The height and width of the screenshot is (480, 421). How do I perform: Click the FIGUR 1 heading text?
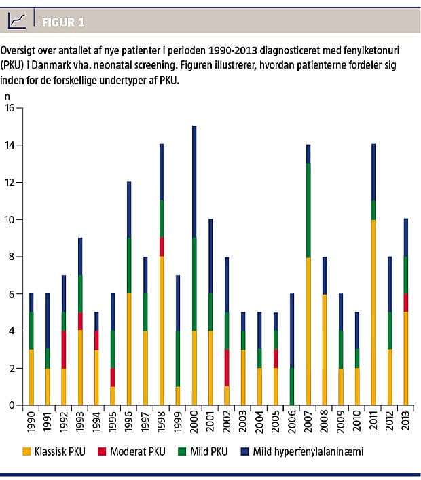click(x=62, y=22)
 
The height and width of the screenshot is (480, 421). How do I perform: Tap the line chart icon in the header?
click(x=18, y=21)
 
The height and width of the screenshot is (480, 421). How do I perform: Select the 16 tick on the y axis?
click(x=9, y=108)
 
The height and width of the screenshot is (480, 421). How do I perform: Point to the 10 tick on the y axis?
click(x=9, y=220)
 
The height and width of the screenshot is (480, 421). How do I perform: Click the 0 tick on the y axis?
click(x=11, y=405)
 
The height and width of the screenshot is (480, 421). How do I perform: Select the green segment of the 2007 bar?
click(x=309, y=210)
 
